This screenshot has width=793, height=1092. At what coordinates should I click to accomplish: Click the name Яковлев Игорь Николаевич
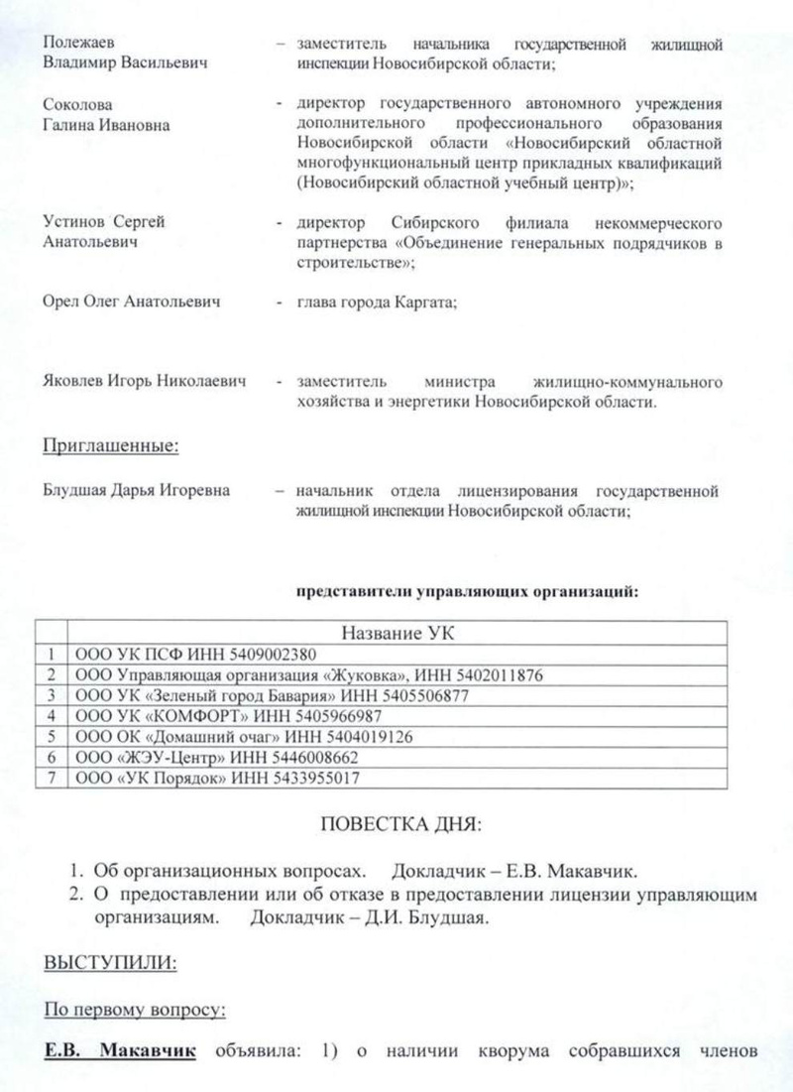coord(145,382)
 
